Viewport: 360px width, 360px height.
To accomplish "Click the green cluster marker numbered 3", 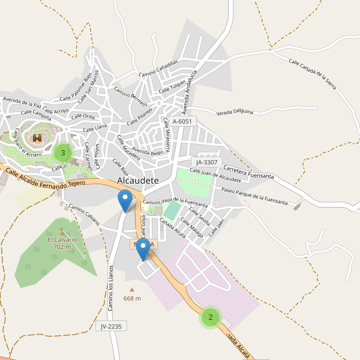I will tap(63, 153).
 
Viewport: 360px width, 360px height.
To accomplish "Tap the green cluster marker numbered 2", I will tap(210, 317).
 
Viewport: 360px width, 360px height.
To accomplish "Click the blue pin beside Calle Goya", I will tap(143, 249).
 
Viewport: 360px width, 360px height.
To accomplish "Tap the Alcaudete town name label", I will tap(139, 180).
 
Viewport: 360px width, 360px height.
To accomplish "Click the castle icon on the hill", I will tap(37, 138).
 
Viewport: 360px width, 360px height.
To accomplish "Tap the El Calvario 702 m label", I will tap(62, 243).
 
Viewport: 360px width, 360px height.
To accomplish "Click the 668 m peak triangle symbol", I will tap(132, 290).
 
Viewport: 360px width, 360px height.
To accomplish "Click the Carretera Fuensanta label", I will tap(248, 172).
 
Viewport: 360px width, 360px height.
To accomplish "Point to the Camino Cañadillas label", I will tap(158, 68).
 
